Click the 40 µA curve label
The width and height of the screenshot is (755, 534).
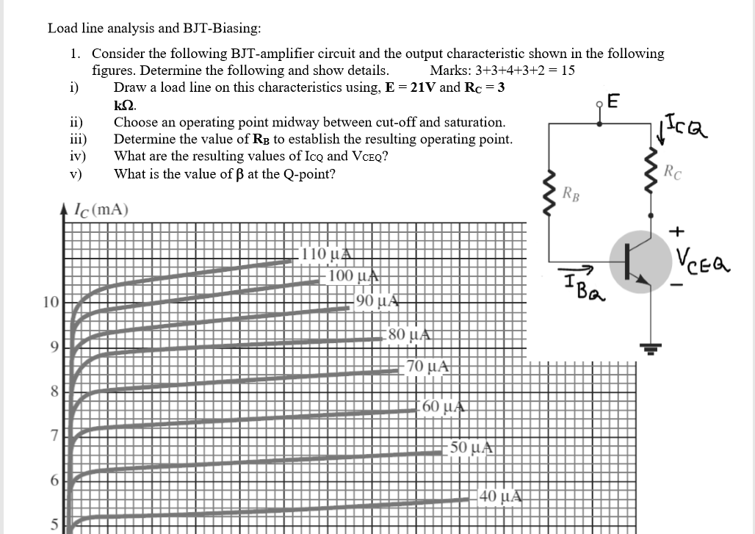click(501, 497)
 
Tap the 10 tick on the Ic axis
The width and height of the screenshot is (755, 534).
click(50, 303)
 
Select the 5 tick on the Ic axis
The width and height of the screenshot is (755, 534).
click(54, 523)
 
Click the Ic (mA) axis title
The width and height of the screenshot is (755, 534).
click(101, 209)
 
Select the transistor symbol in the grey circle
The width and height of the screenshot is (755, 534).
click(638, 267)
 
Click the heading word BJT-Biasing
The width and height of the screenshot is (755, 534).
click(217, 29)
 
